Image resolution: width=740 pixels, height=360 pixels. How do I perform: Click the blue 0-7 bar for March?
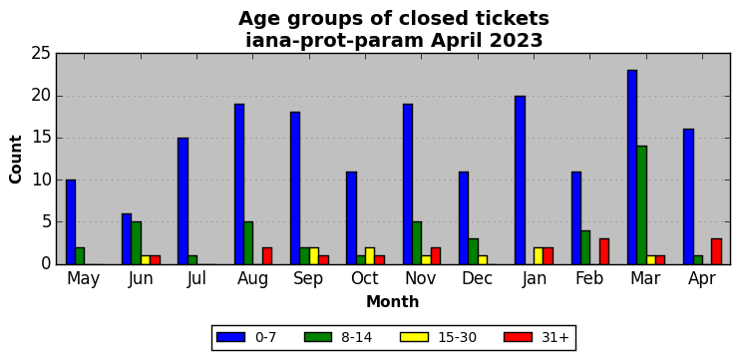point(632,167)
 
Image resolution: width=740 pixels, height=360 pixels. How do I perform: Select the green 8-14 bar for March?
point(642,205)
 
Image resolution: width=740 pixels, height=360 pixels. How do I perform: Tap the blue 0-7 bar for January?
point(520,180)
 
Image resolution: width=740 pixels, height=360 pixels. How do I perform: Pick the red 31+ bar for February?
point(604,251)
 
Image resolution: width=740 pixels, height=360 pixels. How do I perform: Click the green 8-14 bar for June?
point(137,243)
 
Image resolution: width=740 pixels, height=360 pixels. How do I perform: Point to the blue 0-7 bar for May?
point(71,221)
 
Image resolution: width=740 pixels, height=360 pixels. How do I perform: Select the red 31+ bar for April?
point(716,251)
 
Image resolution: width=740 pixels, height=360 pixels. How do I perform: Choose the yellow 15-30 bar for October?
point(370,255)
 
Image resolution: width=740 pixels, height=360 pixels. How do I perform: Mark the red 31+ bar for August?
point(267,255)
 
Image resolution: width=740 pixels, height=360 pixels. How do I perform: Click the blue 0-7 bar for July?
point(184,201)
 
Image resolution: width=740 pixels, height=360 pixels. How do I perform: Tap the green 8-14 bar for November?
point(417,243)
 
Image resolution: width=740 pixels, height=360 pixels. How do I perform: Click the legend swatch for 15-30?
point(414,337)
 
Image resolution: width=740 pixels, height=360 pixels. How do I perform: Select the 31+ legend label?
point(553,337)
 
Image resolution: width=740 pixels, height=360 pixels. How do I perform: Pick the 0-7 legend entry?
point(246,337)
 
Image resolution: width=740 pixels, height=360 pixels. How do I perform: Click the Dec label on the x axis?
point(477,279)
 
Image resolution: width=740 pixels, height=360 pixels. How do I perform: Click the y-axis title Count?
point(16,159)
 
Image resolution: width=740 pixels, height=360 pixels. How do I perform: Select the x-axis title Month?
point(393,301)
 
